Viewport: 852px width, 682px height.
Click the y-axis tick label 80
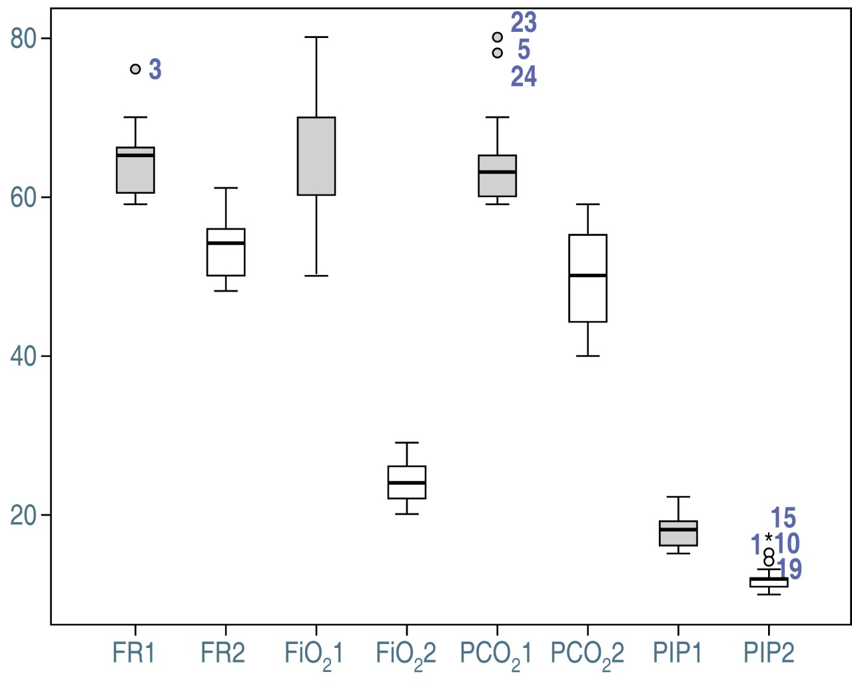click(23, 39)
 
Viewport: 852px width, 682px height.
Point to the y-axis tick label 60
click(23, 198)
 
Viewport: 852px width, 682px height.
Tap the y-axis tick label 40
click(23, 356)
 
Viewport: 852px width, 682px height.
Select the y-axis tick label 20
click(23, 515)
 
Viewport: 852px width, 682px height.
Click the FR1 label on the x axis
click(134, 653)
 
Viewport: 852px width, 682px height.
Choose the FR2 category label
click(223, 653)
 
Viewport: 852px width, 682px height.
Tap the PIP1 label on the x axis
click(677, 653)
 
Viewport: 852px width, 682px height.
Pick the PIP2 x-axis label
click(769, 653)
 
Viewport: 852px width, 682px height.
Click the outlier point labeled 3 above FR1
click(135, 69)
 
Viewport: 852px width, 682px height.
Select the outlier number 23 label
click(524, 23)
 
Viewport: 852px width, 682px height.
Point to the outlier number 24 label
click(524, 77)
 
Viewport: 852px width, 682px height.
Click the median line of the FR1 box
click(135, 155)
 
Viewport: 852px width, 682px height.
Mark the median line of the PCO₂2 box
click(588, 275)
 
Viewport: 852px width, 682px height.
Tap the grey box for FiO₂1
click(316, 157)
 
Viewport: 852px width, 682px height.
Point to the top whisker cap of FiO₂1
click(316, 37)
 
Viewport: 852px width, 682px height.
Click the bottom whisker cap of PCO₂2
click(588, 356)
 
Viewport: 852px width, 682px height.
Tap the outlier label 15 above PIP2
click(783, 518)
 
